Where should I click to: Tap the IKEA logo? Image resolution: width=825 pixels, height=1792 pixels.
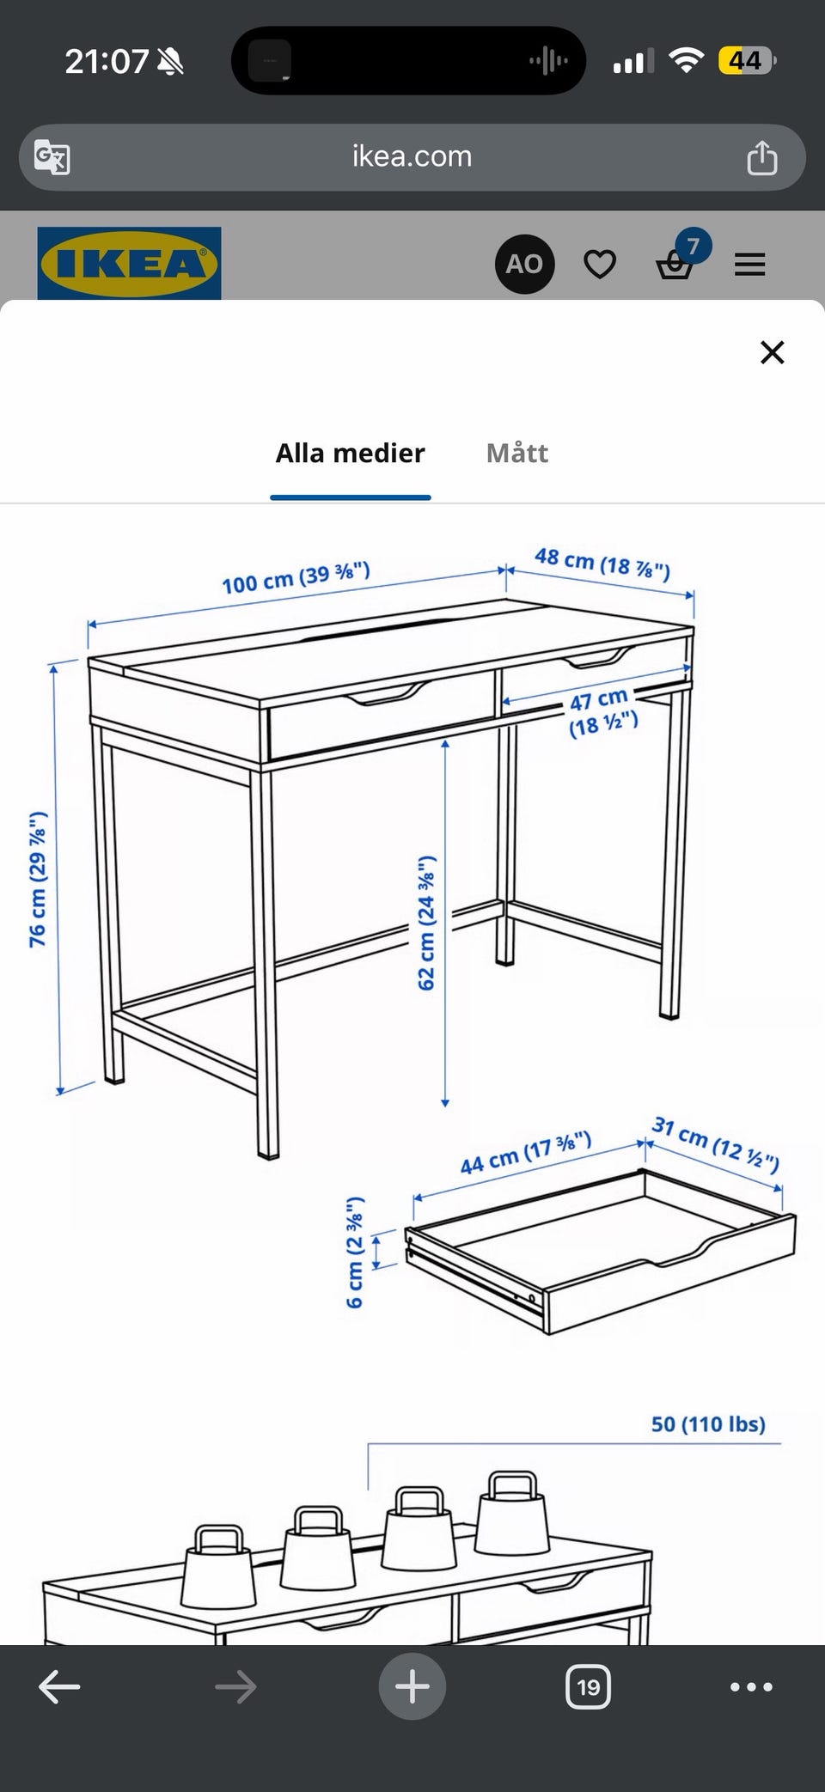(x=129, y=263)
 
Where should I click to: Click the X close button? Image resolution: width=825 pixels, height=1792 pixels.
(x=773, y=352)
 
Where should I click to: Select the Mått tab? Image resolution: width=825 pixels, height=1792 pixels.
(x=517, y=453)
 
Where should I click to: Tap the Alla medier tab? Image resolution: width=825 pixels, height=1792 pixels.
(x=351, y=453)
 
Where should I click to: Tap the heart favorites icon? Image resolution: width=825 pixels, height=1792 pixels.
(x=600, y=265)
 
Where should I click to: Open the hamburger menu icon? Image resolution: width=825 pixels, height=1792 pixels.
(x=750, y=265)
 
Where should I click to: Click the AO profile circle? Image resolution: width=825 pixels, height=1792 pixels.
(x=524, y=264)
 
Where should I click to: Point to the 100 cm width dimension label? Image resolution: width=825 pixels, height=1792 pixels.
(x=296, y=577)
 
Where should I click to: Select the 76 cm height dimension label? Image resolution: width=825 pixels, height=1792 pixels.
(x=39, y=879)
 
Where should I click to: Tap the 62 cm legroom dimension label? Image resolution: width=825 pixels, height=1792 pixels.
(x=427, y=922)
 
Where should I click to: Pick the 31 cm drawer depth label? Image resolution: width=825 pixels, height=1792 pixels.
(x=716, y=1144)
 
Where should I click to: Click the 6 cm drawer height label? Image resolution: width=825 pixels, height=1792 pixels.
(x=356, y=1252)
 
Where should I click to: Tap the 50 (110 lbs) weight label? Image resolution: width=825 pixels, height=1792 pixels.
(x=708, y=1423)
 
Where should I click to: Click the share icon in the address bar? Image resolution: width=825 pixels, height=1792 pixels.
(x=762, y=157)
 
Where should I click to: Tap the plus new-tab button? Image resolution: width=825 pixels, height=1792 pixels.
(x=412, y=1685)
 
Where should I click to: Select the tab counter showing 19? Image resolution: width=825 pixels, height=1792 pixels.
(x=589, y=1686)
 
